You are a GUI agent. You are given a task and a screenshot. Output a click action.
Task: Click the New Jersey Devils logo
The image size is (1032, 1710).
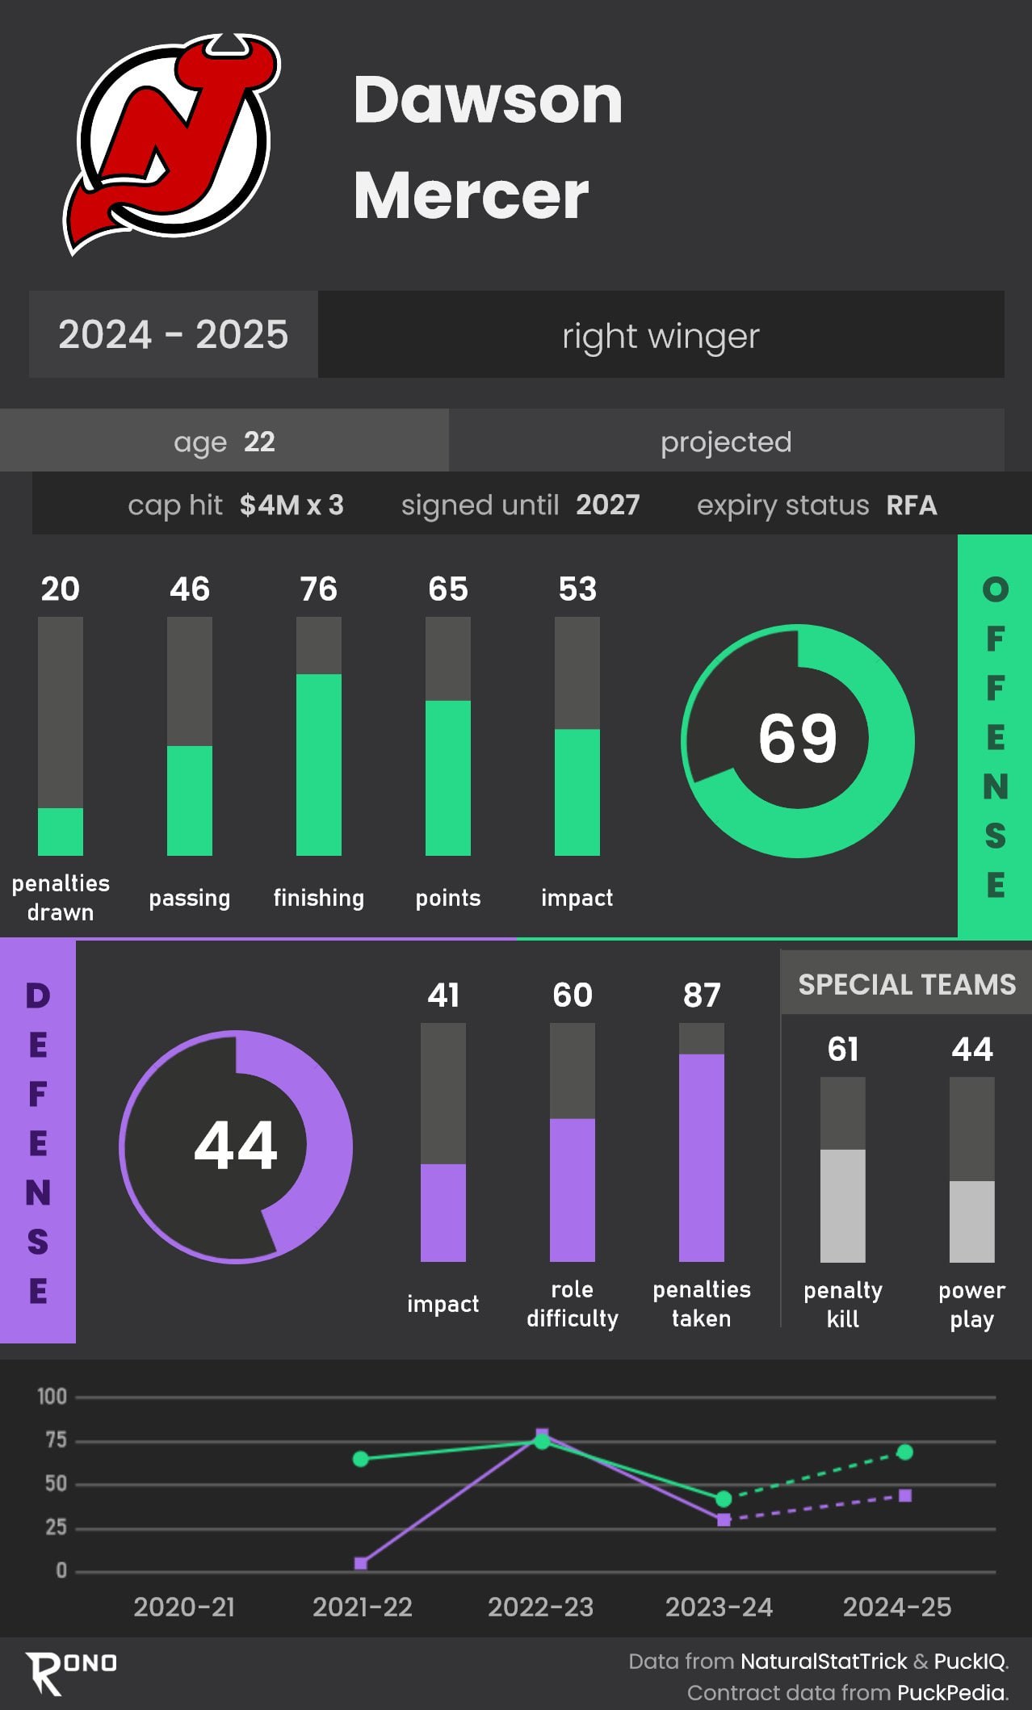tap(171, 144)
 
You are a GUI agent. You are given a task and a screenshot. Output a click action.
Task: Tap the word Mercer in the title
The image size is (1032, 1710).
tap(471, 195)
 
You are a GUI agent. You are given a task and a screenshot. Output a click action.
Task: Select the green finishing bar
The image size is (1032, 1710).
tap(319, 764)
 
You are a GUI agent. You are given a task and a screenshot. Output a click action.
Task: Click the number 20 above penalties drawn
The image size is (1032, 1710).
tap(61, 589)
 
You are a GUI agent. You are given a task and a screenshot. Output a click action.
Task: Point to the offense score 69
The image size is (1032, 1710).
tap(798, 739)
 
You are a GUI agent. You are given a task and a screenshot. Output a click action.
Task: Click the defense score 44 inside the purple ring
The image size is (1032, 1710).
tap(236, 1146)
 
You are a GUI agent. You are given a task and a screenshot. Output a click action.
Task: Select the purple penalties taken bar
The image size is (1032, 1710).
tap(702, 1157)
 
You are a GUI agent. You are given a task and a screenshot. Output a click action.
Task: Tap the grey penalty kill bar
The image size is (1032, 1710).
tap(843, 1205)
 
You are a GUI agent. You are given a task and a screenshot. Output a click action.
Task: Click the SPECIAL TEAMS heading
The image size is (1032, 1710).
tap(907, 984)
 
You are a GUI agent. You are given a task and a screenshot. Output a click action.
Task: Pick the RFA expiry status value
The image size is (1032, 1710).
tap(912, 505)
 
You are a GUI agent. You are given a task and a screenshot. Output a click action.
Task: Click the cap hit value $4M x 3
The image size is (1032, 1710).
tap(292, 505)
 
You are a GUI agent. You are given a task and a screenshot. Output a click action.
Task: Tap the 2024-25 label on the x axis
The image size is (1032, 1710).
tap(897, 1607)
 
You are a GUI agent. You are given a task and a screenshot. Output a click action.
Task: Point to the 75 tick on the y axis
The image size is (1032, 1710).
tap(56, 1440)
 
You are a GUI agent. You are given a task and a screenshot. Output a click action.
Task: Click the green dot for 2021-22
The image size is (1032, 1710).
tap(361, 1459)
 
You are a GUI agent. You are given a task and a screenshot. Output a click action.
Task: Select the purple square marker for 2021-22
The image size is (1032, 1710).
tap(361, 1564)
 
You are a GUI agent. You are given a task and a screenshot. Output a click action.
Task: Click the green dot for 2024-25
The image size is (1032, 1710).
tap(905, 1452)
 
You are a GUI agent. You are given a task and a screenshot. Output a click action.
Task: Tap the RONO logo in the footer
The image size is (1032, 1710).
tap(71, 1671)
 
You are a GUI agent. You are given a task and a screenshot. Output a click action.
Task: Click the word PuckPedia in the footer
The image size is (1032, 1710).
tap(951, 1693)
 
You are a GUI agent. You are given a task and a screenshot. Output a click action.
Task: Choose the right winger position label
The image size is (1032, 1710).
tap(661, 336)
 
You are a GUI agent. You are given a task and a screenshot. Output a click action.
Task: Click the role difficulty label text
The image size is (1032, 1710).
tap(573, 1304)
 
